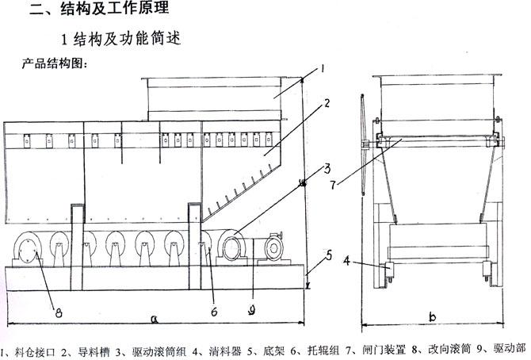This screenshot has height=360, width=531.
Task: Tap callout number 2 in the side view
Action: coord(327,103)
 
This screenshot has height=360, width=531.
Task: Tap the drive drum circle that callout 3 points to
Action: coord(233,248)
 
